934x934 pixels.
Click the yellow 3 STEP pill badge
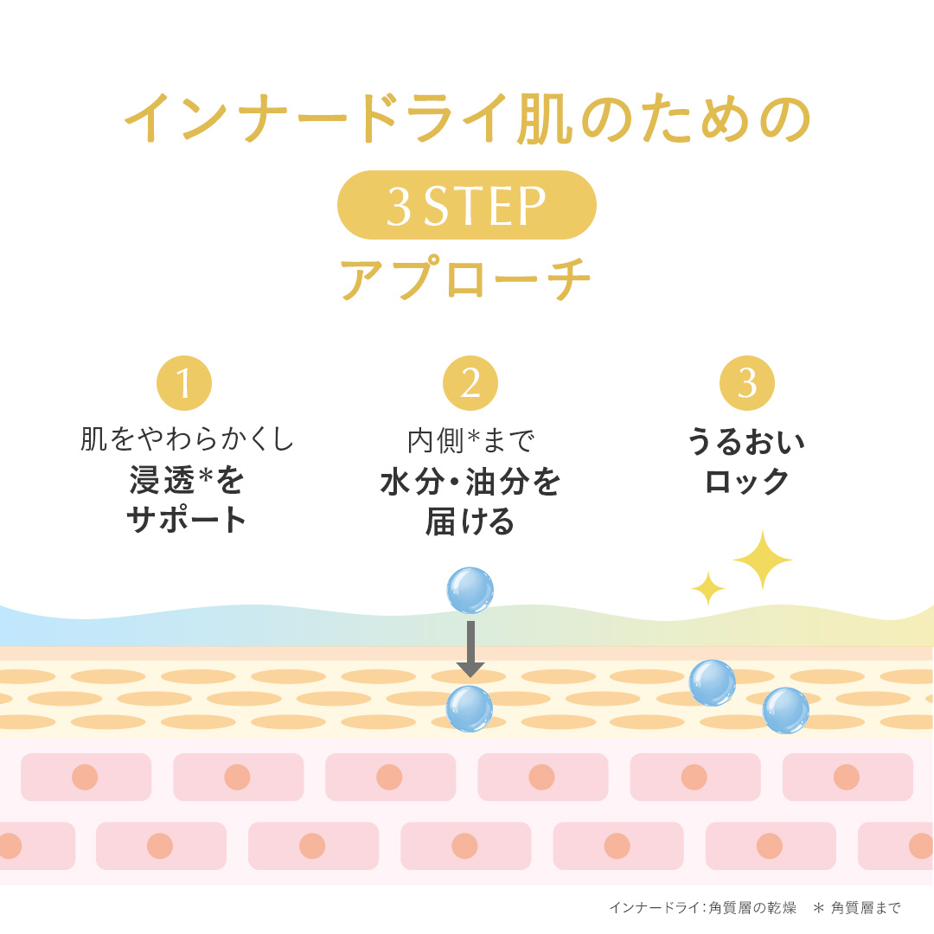coord(466,205)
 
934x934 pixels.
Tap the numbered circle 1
coord(184,383)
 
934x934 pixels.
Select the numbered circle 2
coord(470,383)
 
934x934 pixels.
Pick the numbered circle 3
coord(747,383)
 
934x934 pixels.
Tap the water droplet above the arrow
coord(470,591)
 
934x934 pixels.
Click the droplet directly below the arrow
coord(470,708)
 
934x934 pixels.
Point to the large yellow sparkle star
coord(763,560)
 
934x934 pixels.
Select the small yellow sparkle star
coord(708,589)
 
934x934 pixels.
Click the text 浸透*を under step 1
coord(187,480)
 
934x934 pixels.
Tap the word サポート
coord(187,520)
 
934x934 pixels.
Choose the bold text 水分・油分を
coord(470,481)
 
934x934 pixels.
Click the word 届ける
coord(470,521)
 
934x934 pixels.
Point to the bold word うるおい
coord(746,441)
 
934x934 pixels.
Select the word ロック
coord(747,481)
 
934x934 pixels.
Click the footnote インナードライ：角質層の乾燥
coord(702,908)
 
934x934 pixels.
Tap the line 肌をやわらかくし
coord(187,440)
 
